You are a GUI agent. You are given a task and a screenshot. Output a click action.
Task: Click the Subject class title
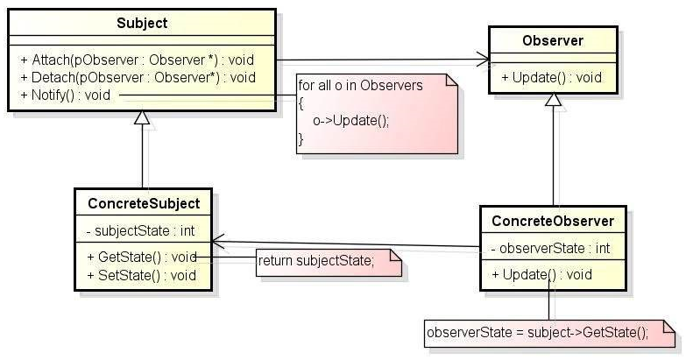click(x=142, y=23)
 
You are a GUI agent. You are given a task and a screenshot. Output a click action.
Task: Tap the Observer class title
click(x=553, y=40)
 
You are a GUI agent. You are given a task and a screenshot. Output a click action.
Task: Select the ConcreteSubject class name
click(x=144, y=203)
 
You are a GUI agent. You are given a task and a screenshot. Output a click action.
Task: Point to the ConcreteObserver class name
click(x=553, y=221)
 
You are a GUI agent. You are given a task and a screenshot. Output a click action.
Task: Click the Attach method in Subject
click(x=137, y=60)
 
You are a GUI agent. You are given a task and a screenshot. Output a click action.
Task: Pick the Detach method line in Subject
click(x=138, y=77)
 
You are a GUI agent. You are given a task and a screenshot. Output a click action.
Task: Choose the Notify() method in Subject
click(x=65, y=95)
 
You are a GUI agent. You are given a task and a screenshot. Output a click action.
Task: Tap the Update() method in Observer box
click(x=551, y=77)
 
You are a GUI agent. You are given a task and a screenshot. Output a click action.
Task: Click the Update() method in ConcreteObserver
click(x=541, y=275)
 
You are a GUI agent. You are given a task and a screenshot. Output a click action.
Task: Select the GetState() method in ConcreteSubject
click(x=141, y=257)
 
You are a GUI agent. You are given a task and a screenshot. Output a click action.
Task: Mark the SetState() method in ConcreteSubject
click(x=141, y=275)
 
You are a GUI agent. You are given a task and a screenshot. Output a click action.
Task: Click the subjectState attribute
click(x=140, y=230)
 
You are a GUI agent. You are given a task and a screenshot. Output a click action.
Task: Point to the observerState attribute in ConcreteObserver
click(x=550, y=249)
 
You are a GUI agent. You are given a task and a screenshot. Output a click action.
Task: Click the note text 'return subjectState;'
click(x=316, y=261)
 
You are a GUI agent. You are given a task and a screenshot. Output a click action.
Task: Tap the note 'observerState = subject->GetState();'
click(x=537, y=333)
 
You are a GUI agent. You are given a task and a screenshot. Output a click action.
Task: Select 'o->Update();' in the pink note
click(x=350, y=120)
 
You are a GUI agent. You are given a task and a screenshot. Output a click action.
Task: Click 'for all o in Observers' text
click(x=360, y=85)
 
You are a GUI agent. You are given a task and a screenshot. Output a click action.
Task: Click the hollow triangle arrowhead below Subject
click(x=142, y=117)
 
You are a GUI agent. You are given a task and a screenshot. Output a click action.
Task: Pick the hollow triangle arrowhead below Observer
click(x=554, y=99)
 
